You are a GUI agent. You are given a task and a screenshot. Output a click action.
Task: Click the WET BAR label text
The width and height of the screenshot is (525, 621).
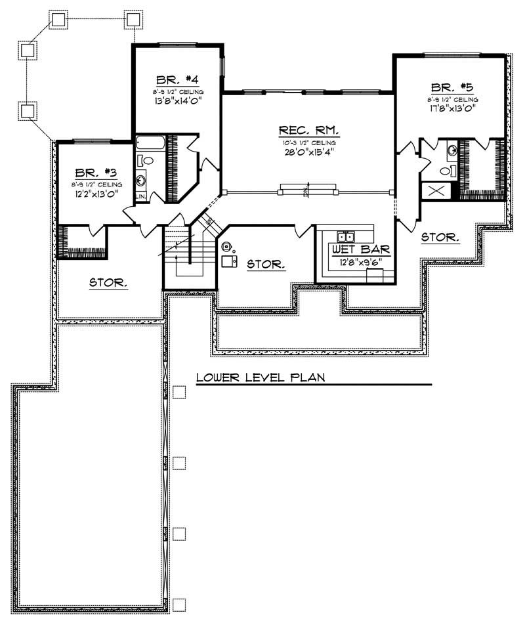point(361,250)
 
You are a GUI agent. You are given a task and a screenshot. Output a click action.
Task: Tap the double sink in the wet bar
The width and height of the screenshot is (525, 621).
point(346,236)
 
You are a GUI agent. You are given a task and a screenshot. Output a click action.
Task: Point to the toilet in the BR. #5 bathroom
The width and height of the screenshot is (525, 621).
point(446,171)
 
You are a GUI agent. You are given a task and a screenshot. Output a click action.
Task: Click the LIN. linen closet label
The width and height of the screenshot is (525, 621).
point(141,196)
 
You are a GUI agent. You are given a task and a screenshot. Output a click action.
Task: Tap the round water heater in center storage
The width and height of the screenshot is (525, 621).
point(227,247)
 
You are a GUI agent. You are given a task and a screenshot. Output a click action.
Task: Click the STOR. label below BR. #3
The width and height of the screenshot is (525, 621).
point(108,283)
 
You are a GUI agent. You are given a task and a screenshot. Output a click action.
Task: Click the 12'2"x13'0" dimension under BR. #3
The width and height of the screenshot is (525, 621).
point(96,194)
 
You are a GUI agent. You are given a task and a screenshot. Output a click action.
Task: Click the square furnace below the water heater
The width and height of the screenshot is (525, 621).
point(229,262)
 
